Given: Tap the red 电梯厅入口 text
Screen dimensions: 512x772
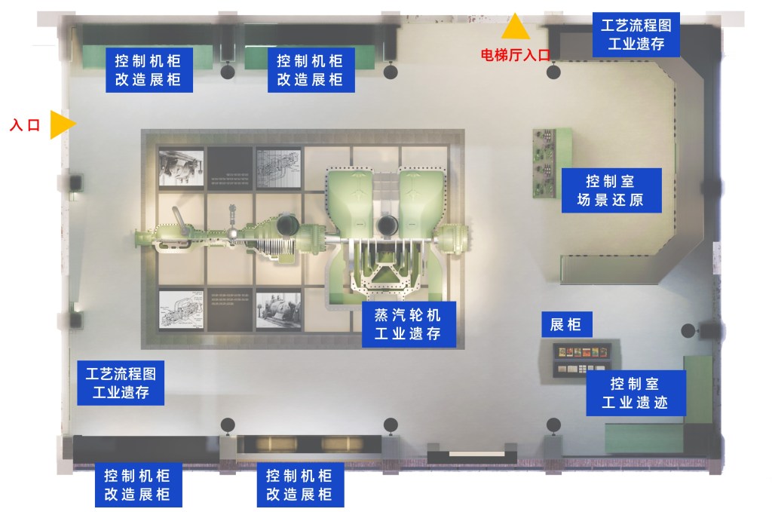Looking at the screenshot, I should point(516,54).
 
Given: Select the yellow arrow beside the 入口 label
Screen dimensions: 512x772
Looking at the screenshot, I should point(63,124).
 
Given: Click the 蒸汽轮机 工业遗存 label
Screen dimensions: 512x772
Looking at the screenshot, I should point(409,323).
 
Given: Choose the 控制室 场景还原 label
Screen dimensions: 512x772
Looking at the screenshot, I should point(611,192).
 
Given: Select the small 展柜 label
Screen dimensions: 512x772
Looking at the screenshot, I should point(565,325).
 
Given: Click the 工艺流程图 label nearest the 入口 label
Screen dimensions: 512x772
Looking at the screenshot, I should point(121,382).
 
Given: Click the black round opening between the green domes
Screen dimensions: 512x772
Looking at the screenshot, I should point(389,224).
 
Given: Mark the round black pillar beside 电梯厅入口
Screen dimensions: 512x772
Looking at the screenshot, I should point(553,72).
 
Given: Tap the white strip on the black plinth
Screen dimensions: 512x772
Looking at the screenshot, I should point(472,454).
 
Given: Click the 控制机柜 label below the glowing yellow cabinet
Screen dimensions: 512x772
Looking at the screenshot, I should point(299,485).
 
